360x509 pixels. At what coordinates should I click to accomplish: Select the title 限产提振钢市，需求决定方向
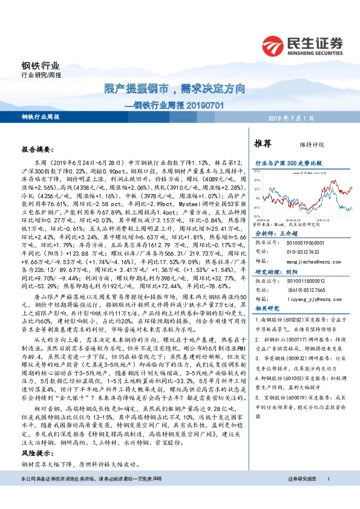coord(174,89)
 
